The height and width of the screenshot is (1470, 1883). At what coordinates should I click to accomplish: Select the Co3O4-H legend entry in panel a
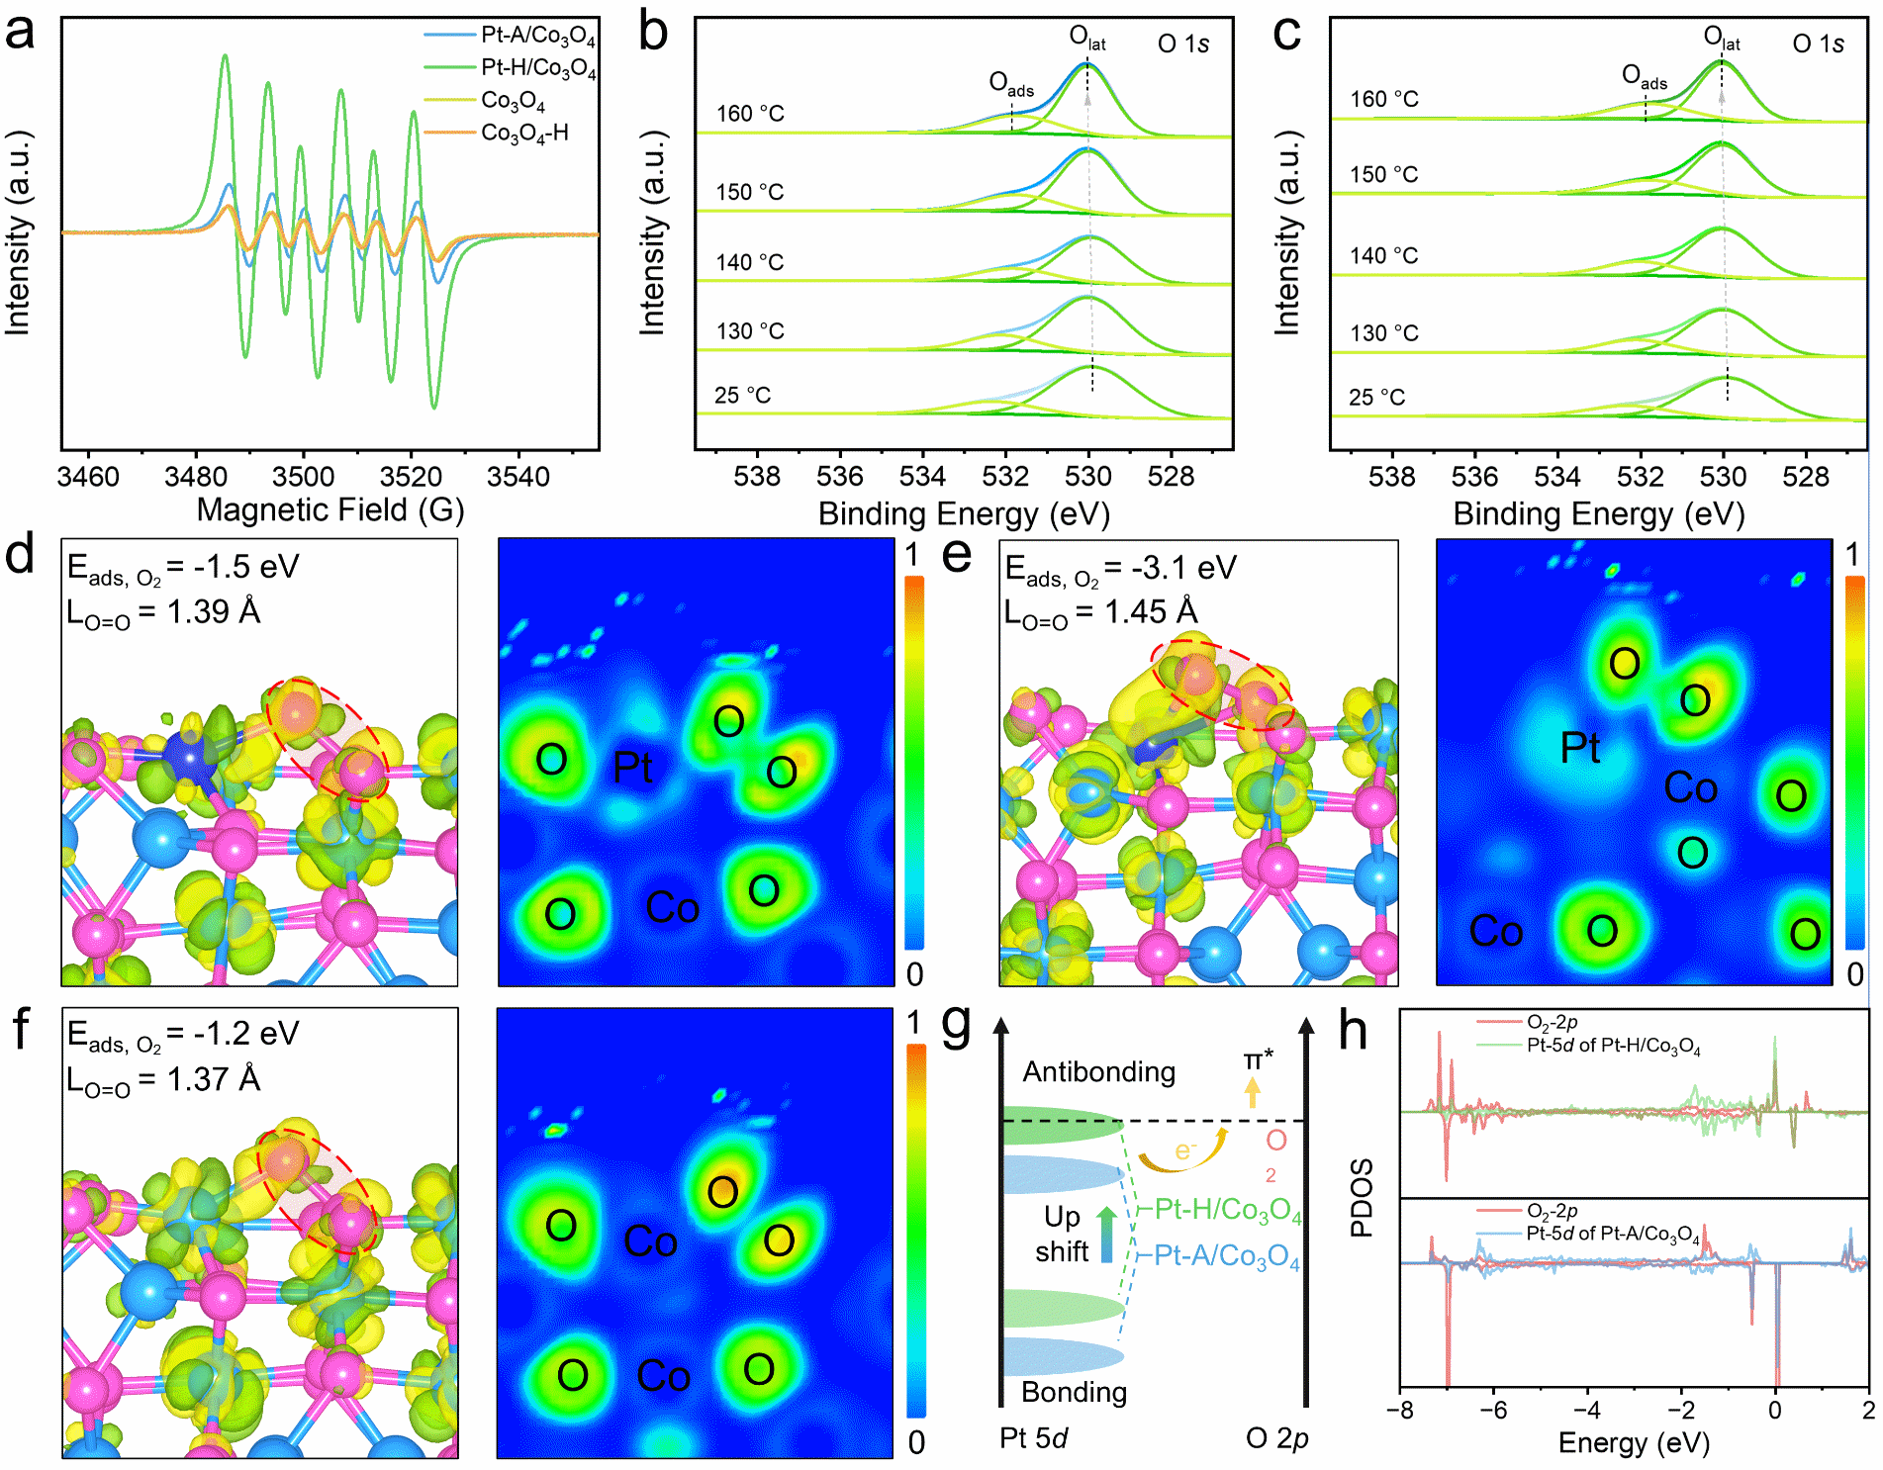[x=524, y=133]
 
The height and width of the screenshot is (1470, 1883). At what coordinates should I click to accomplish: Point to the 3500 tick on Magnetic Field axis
[x=303, y=477]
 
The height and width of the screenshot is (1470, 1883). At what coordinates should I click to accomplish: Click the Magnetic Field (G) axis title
[x=330, y=510]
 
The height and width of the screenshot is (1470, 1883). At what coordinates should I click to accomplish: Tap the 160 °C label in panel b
[x=750, y=114]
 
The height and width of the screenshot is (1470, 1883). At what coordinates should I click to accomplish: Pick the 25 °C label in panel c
[x=1376, y=398]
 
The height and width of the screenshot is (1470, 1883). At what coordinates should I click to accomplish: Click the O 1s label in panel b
[x=1183, y=45]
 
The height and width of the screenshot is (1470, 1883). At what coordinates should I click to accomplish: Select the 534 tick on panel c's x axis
[x=1557, y=477]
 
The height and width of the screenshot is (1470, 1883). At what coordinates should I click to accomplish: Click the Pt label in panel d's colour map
[x=633, y=768]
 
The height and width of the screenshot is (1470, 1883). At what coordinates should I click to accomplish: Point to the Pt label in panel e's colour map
[x=1580, y=748]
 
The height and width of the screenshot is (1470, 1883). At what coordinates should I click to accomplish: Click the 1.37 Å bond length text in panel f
[x=214, y=1079]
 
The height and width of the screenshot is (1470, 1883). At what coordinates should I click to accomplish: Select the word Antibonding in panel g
[x=1098, y=1072]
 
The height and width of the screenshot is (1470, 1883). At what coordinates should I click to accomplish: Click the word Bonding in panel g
[x=1074, y=1393]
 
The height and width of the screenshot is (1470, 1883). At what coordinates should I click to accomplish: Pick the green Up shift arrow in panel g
[x=1106, y=1233]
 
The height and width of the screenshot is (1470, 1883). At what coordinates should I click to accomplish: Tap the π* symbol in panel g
[x=1258, y=1060]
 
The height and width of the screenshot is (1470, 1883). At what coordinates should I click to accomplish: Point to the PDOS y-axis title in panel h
[x=1363, y=1198]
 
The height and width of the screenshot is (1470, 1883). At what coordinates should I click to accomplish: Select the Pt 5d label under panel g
[x=1033, y=1438]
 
